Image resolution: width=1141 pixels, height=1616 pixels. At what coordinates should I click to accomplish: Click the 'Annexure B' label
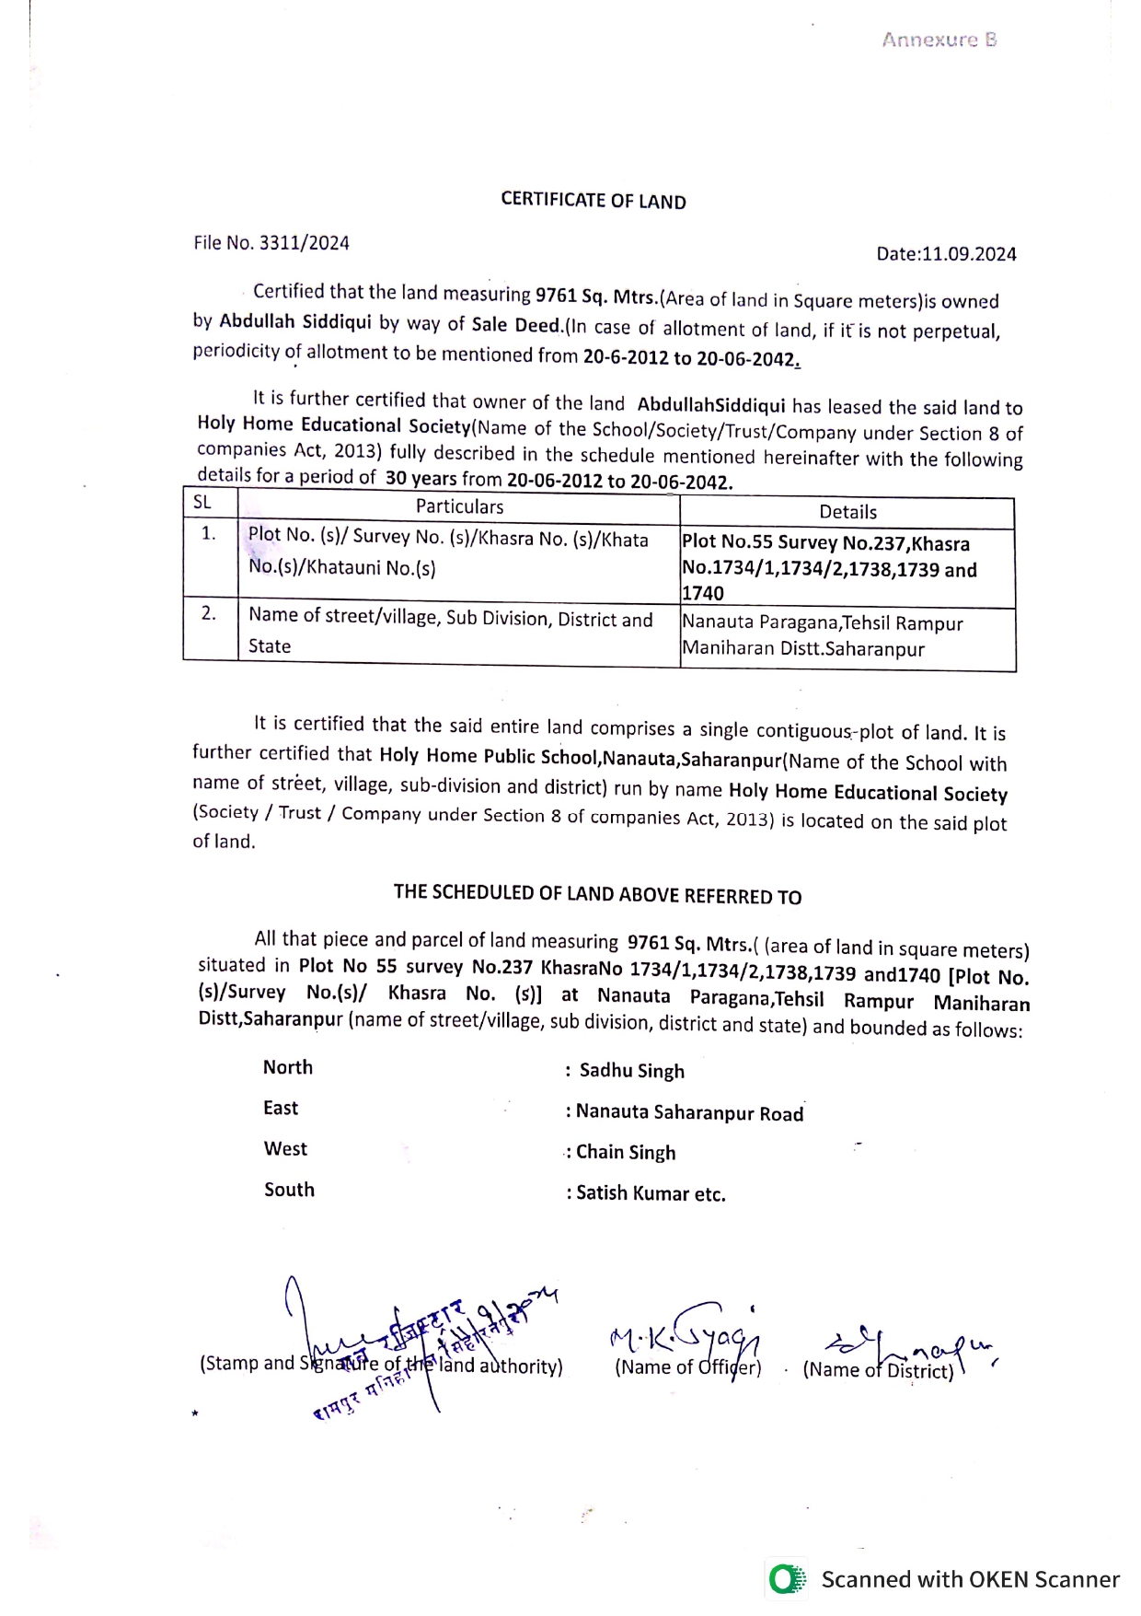(939, 40)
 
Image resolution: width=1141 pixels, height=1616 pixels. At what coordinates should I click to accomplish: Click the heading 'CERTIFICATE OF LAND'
(594, 201)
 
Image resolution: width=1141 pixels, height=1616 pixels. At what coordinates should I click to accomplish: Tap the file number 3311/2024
(304, 243)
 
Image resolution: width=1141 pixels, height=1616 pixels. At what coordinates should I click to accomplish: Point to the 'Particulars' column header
(459, 506)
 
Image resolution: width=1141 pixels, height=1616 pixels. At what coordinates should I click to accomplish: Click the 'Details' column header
(847, 512)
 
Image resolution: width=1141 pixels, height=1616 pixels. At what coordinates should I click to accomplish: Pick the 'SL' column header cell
(202, 503)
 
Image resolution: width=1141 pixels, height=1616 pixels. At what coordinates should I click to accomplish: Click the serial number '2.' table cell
(210, 613)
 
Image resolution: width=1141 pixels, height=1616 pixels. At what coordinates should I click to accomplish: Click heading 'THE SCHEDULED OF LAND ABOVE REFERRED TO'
(597, 894)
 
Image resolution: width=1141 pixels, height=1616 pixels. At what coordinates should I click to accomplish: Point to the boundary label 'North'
(288, 1067)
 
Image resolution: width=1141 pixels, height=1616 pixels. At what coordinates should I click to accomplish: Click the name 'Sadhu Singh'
(631, 1071)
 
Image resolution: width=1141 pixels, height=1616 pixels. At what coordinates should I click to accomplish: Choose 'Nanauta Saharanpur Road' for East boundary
(689, 1112)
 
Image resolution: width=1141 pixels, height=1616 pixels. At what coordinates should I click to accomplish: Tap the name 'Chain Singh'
(626, 1153)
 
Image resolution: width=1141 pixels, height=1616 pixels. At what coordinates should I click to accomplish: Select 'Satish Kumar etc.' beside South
(651, 1193)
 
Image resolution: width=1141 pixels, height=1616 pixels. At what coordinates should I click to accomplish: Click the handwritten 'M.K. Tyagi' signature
(686, 1331)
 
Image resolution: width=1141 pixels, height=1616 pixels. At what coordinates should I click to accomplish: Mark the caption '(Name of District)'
(878, 1370)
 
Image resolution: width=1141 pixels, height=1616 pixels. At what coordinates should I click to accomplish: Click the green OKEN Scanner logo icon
(786, 1579)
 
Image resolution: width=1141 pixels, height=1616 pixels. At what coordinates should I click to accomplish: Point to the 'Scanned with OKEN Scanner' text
(970, 1579)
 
